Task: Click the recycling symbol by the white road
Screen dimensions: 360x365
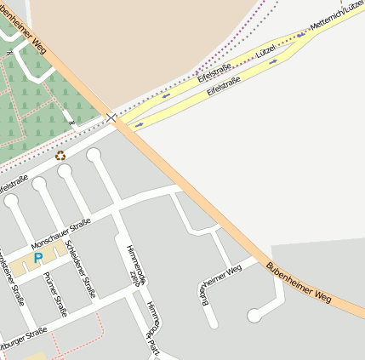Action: [x=60, y=156]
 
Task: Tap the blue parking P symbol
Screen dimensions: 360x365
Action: [x=37, y=258]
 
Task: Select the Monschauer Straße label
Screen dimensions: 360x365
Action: [x=61, y=232]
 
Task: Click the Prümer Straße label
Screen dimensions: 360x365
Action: [x=56, y=294]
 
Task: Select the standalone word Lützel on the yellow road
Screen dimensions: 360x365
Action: [x=268, y=49]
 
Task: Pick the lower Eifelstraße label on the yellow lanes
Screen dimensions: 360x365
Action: [x=225, y=88]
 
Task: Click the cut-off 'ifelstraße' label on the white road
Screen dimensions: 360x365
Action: [x=14, y=183]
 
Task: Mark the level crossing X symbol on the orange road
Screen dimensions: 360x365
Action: [x=111, y=115]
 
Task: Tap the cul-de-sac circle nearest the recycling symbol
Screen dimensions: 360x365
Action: [x=93, y=154]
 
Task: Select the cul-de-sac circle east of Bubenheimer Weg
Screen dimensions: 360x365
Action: [x=254, y=316]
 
